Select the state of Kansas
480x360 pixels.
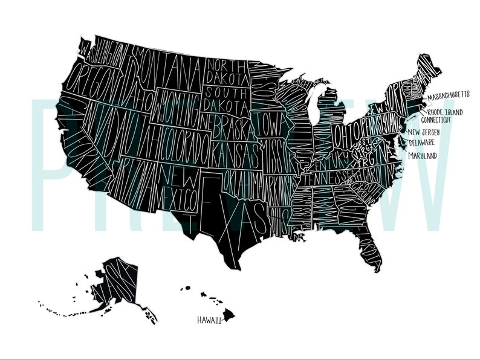click(236, 148)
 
